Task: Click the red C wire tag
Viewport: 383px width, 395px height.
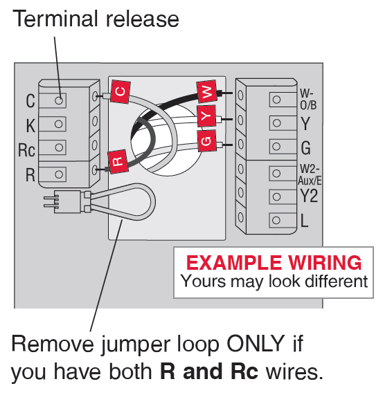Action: coord(121,91)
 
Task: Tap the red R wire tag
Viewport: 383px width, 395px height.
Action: coord(118,161)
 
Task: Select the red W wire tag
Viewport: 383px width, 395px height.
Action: coord(207,91)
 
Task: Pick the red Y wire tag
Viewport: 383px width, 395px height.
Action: coord(206,116)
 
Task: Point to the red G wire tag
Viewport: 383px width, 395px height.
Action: coord(206,140)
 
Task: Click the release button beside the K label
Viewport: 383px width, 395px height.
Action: coord(58,124)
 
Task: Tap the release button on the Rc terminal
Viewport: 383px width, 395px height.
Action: coord(59,147)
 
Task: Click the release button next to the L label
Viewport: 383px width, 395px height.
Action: coord(276,220)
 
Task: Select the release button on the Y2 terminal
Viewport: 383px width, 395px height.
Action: coord(276,196)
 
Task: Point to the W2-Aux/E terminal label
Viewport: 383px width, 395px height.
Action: coord(310,174)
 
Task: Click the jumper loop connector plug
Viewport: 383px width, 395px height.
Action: coord(67,202)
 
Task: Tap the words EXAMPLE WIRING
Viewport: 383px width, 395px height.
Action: coord(274,263)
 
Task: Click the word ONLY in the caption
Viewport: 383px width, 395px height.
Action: coord(256,343)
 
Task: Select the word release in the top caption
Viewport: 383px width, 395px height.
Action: coord(143,19)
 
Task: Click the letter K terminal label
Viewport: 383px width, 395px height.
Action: coord(30,125)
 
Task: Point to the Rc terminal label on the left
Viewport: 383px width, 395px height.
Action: coord(26,150)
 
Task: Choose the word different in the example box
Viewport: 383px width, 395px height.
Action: coord(337,281)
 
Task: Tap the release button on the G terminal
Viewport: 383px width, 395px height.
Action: coord(276,147)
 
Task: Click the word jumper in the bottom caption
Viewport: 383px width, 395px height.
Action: coord(136,346)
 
